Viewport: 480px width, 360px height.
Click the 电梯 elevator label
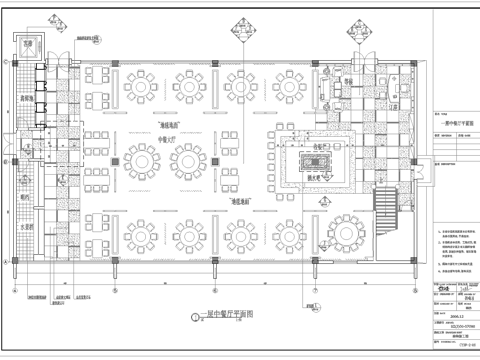[x=29, y=46]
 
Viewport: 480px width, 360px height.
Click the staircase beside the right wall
[x=385, y=206]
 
